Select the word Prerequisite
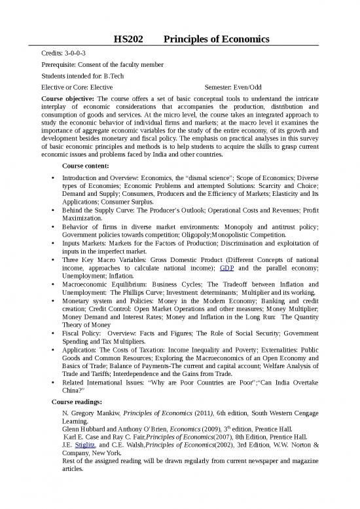(x=58, y=64)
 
